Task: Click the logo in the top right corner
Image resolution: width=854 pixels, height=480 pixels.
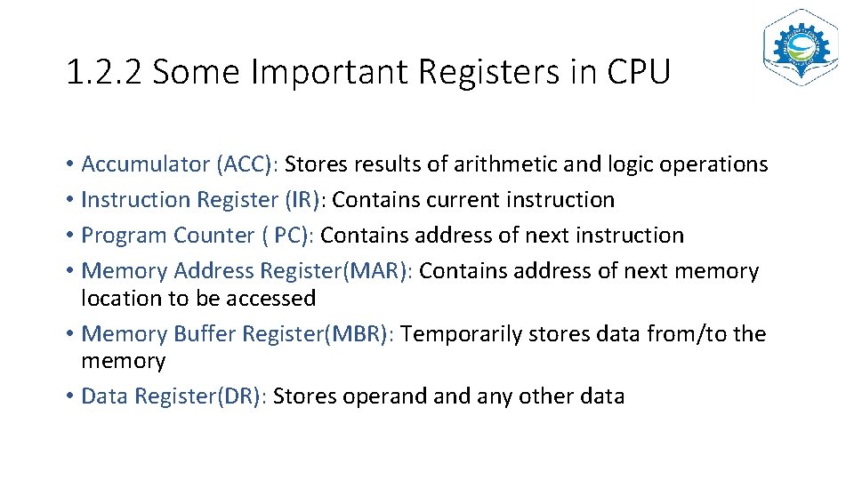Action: point(800,47)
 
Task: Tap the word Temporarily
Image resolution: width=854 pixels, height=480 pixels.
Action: point(462,334)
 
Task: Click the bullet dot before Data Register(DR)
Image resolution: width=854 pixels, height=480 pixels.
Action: point(69,396)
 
